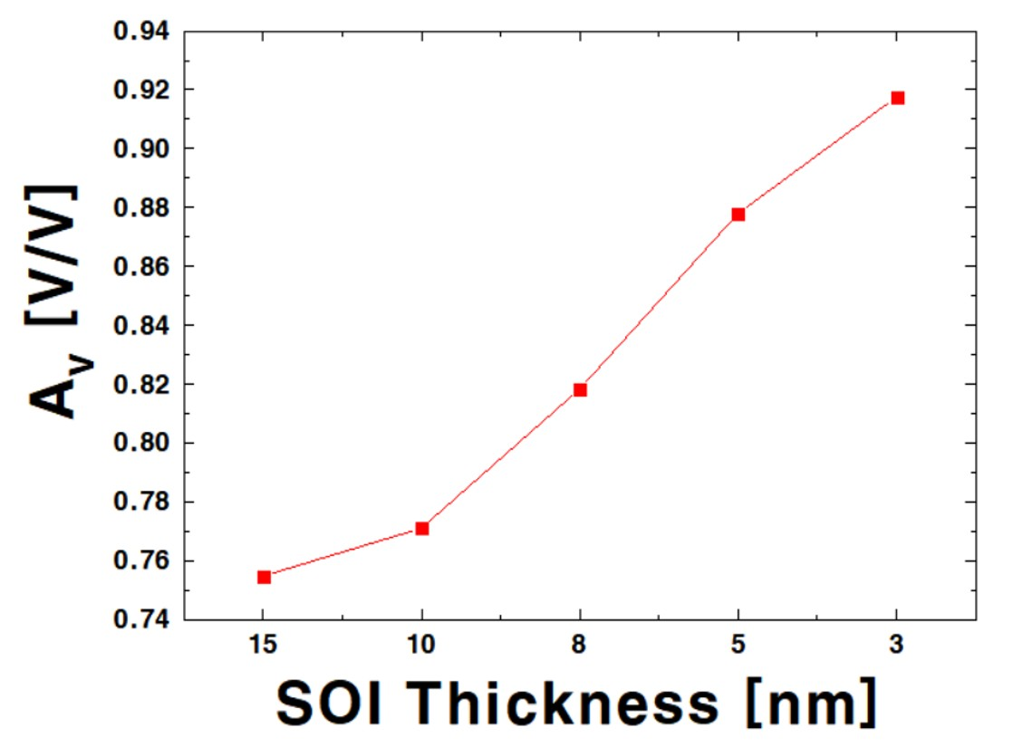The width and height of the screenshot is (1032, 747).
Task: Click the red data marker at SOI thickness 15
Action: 264,577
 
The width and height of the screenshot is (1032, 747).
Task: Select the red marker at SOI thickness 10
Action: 422,528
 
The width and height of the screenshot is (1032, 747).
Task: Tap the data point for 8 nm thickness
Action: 580,389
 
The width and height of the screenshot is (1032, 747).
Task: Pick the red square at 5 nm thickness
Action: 738,214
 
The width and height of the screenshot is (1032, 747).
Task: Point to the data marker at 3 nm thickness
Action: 898,98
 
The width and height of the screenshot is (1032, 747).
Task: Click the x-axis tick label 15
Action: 263,645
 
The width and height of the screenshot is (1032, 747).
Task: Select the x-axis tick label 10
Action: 421,645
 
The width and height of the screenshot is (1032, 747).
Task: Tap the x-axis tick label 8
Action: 580,645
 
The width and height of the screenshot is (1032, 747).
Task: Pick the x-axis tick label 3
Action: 897,645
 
